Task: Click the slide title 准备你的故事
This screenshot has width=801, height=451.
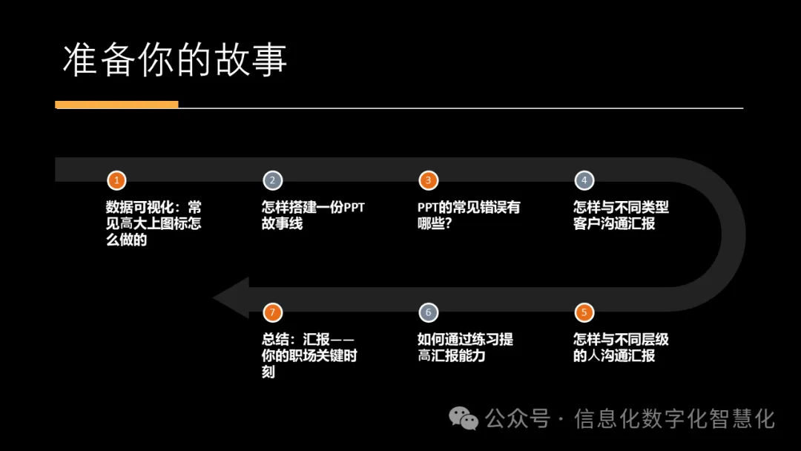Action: (174, 60)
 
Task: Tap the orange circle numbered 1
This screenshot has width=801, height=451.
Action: (116, 180)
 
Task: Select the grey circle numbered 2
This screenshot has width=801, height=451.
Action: (272, 180)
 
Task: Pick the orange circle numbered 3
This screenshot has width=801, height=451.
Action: (428, 180)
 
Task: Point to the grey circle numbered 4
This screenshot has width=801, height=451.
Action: (584, 180)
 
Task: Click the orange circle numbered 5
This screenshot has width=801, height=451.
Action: (584, 312)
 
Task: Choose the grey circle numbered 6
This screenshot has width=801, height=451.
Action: (428, 312)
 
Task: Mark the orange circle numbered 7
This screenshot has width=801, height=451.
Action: (272, 312)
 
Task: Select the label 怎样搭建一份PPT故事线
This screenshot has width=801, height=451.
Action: (312, 215)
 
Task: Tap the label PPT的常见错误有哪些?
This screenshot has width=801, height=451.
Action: (468, 215)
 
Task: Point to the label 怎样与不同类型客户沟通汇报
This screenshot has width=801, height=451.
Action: (620, 215)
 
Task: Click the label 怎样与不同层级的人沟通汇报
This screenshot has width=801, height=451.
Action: (620, 347)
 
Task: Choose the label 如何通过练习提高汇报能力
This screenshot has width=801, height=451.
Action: (464, 347)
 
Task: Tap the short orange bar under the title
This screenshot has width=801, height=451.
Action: (116, 105)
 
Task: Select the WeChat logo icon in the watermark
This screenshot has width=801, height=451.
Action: (465, 419)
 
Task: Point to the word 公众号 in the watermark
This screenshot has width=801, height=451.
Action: (517, 419)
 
